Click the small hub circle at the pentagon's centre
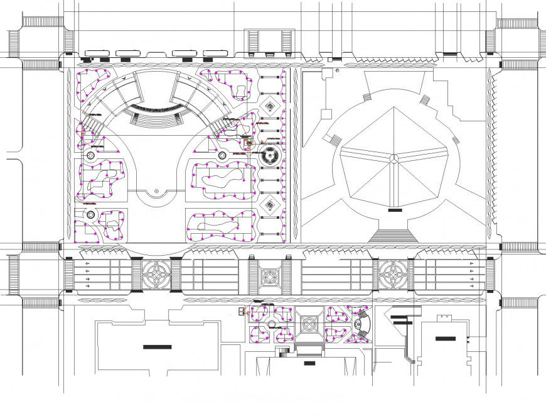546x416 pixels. tap(393, 158)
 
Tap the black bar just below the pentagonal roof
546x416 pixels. tap(395, 211)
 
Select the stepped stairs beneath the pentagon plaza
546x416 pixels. tap(392, 235)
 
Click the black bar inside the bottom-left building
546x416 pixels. tap(156, 346)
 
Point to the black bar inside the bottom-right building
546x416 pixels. tap(446, 339)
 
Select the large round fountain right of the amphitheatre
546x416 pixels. tap(270, 155)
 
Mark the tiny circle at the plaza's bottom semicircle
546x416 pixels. tap(155, 192)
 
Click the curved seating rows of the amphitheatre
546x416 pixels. tap(157, 118)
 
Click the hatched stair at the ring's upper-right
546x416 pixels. tap(425, 99)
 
